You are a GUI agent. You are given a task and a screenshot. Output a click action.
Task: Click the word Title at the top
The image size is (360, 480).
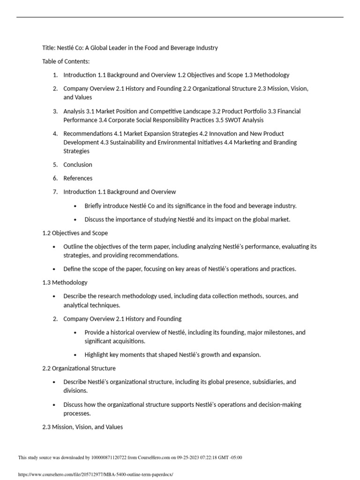click(x=49, y=48)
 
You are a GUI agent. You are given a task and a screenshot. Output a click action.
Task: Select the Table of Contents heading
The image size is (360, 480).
click(x=66, y=61)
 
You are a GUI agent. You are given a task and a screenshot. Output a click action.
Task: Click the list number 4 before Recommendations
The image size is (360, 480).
click(x=55, y=134)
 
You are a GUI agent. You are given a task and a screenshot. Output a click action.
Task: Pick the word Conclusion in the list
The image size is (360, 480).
click(x=78, y=165)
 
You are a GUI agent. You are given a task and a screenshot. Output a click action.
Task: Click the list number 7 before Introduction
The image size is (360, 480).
click(x=55, y=192)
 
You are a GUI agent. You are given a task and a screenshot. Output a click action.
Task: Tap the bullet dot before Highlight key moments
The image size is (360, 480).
click(x=76, y=355)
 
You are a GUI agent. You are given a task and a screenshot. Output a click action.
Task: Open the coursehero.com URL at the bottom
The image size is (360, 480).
click(x=95, y=474)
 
